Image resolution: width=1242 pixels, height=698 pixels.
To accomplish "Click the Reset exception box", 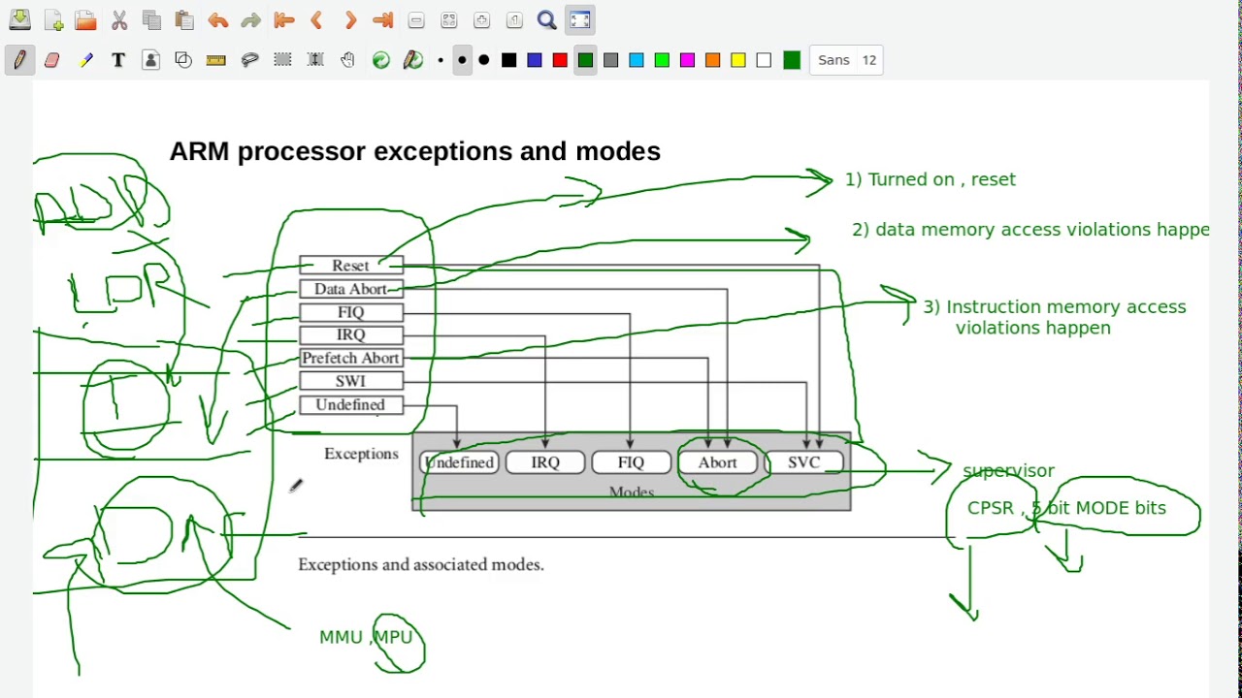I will pyautogui.click(x=350, y=266).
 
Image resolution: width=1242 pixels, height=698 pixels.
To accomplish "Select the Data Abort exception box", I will pyautogui.click(x=350, y=289).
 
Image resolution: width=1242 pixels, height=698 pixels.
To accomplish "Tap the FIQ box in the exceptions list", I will pyautogui.click(x=350, y=312).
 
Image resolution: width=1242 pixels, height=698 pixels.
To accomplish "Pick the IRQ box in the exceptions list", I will pyautogui.click(x=350, y=335).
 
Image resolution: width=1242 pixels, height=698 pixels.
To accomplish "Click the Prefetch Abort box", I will pyautogui.click(x=350, y=359).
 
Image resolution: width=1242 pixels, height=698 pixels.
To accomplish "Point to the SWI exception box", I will pyautogui.click(x=350, y=382).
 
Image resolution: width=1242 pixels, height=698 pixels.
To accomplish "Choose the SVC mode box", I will pyautogui.click(x=803, y=463).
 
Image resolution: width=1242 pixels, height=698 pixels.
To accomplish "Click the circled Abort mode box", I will pyautogui.click(x=717, y=463).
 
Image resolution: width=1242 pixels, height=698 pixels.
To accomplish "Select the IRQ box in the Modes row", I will pyautogui.click(x=545, y=463).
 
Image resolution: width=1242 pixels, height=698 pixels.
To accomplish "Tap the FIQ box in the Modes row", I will pyautogui.click(x=631, y=463).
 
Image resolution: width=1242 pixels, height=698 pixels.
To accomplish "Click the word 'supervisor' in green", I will pyautogui.click(x=1008, y=471).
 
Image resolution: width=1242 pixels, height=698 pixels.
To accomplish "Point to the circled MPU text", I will pyautogui.click(x=393, y=637).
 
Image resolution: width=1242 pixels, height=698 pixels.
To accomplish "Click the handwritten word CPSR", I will pyautogui.click(x=991, y=508).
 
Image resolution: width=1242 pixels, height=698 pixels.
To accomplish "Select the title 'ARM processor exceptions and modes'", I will pyautogui.click(x=414, y=151).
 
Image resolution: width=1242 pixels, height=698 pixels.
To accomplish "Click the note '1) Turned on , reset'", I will pyautogui.click(x=930, y=179).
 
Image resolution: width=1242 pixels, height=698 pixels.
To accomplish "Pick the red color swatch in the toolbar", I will pyautogui.click(x=560, y=60).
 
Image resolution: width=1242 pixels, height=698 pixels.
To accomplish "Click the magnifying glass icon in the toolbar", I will pyautogui.click(x=547, y=20).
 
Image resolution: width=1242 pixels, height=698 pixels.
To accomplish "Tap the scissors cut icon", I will pyautogui.click(x=119, y=20).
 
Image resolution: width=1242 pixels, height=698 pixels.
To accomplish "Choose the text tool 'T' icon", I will pyautogui.click(x=118, y=60).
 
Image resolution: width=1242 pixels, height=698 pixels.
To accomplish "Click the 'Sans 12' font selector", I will pyautogui.click(x=846, y=60).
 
